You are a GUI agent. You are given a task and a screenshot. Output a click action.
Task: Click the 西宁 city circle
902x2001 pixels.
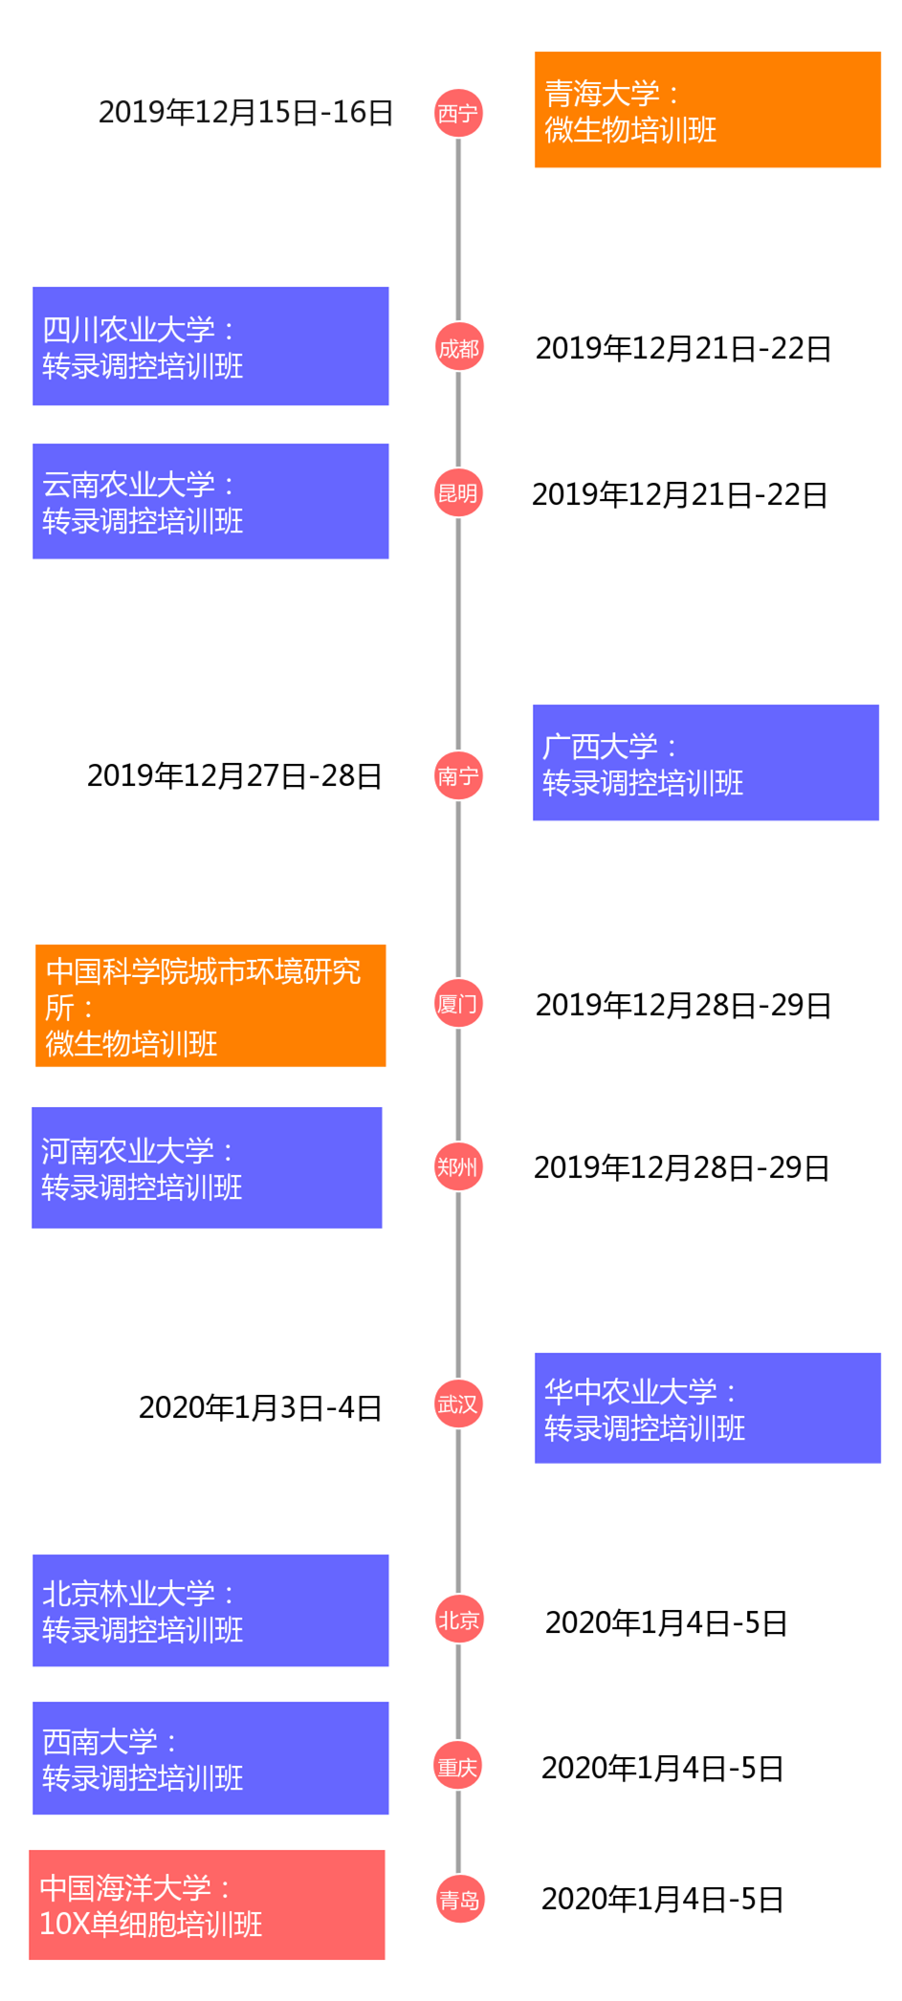pos(458,114)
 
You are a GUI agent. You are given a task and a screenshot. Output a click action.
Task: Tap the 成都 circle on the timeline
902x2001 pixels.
pos(458,348)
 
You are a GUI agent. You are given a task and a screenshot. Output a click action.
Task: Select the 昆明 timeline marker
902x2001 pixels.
pos(458,493)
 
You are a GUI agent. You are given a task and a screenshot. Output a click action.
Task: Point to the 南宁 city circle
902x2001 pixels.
pos(458,775)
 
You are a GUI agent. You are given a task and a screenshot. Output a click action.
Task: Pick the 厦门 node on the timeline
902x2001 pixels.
pos(458,1004)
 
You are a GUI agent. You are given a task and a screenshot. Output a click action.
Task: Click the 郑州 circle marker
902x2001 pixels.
pos(458,1166)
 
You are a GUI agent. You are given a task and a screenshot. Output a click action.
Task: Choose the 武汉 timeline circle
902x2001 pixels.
pos(458,1404)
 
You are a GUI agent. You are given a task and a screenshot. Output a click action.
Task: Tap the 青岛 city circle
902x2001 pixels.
pos(459,1900)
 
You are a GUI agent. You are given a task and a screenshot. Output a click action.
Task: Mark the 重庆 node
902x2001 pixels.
pos(458,1767)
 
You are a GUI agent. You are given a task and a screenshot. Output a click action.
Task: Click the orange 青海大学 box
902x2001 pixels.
pos(708,110)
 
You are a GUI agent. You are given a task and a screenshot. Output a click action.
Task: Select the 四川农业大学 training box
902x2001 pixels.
pos(210,346)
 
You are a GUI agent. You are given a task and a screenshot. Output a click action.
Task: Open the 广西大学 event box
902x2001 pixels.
pos(706,763)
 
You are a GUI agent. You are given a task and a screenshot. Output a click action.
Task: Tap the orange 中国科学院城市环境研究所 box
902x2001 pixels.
pos(210,1006)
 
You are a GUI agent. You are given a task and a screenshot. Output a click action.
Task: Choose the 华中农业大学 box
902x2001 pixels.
pos(708,1408)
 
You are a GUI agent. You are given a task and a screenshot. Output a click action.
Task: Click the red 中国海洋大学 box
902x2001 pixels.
pos(207,1904)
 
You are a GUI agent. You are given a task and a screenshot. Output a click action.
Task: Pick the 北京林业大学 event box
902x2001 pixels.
pos(210,1611)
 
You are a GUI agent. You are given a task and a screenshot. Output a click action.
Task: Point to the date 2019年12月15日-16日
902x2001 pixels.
pos(246,113)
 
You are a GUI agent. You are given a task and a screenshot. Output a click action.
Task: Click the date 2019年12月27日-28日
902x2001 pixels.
pos(234,775)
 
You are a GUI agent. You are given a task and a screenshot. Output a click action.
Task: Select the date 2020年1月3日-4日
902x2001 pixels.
pos(260,1407)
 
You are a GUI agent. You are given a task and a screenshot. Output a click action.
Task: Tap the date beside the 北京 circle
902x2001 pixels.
pos(666,1622)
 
